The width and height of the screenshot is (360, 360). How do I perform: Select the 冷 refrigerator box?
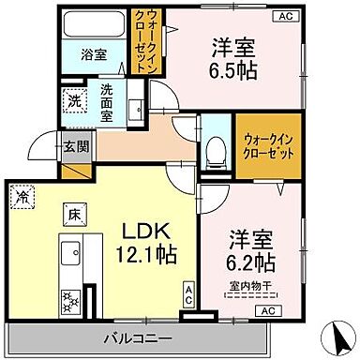(x=22, y=197)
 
